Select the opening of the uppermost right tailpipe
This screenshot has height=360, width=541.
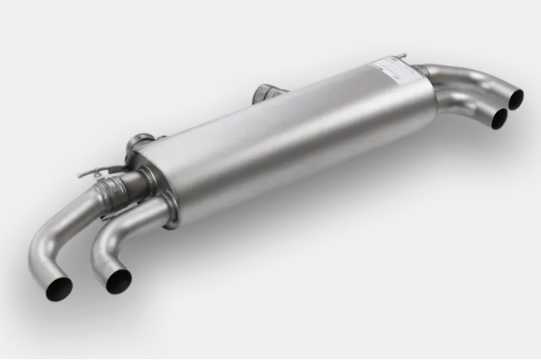click(516, 97)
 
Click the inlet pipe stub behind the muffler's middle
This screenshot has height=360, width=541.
click(266, 94)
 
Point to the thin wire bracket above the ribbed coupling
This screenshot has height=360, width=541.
click(96, 170)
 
